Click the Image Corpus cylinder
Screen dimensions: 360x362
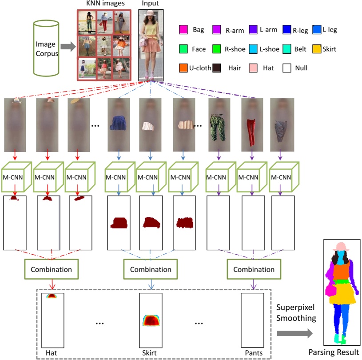tap(47, 46)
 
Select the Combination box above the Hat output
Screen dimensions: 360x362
tap(52, 269)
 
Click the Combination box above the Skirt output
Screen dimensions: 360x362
tap(151, 269)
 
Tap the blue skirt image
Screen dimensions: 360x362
tap(119, 124)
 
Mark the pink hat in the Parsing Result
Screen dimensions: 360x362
tap(341, 247)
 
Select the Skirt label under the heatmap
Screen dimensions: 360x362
tap(151, 353)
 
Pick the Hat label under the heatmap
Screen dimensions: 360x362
tap(52, 353)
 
